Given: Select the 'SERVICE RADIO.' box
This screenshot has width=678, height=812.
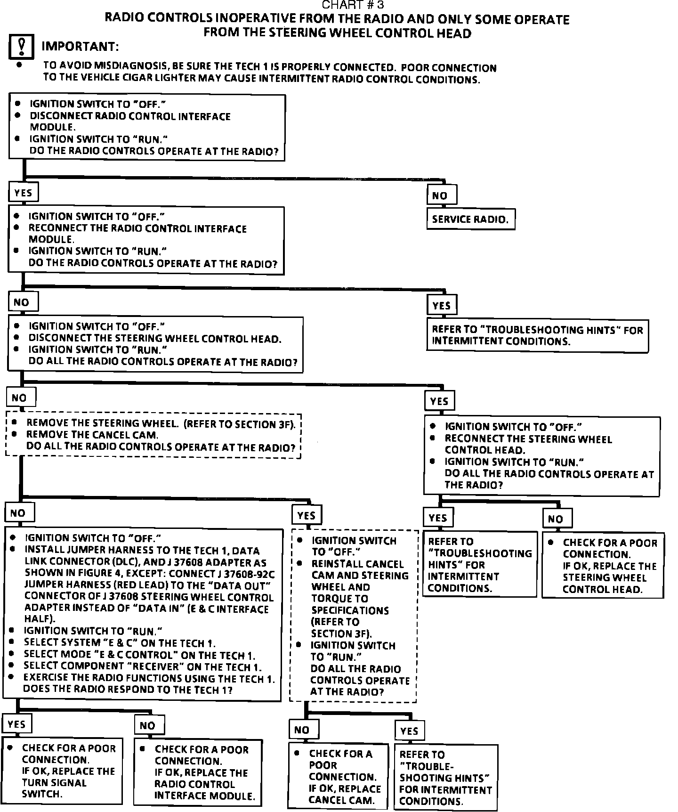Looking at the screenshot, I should coord(470,219).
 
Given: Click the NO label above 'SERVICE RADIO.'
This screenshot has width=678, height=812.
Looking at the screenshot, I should coord(441,195).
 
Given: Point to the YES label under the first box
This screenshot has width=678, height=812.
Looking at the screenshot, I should coord(23,192).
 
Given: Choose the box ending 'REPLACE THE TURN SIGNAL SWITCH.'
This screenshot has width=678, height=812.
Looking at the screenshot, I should coord(62,771).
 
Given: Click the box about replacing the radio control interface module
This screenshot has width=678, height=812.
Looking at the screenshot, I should coord(198,772).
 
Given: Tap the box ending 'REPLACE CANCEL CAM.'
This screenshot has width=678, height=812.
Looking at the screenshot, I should coord(338,777).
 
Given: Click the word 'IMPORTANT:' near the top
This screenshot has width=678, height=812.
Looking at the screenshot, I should coord(80,47).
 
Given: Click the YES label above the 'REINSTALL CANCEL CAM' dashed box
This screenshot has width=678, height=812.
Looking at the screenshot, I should coord(307,516).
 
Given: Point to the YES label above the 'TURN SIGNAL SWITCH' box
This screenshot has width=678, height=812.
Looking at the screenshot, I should coord(17,724).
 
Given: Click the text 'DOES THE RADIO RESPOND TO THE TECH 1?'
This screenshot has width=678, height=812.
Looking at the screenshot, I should coord(128,690).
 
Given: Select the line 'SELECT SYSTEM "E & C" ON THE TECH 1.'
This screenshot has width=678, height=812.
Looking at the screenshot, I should coord(121,643).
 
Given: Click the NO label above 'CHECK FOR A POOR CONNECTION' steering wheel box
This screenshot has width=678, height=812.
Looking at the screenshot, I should coord(557,519).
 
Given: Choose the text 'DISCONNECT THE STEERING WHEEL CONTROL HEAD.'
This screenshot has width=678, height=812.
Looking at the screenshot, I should coord(155,338).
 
